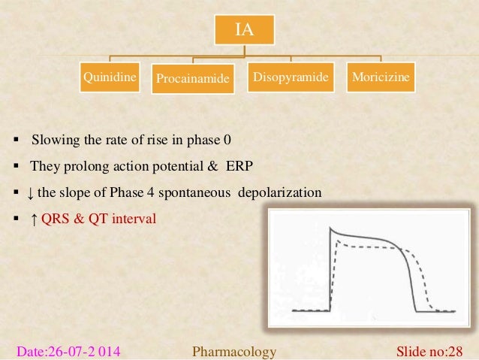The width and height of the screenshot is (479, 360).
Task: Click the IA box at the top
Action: (x=244, y=31)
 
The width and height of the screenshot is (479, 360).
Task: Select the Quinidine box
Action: (x=113, y=77)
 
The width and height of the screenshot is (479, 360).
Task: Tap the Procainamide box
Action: (x=194, y=79)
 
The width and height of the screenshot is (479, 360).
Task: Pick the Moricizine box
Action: (x=383, y=77)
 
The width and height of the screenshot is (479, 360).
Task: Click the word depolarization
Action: (x=280, y=192)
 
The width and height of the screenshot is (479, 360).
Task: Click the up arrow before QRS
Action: (x=31, y=219)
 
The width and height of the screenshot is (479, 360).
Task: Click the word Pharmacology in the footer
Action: (x=234, y=351)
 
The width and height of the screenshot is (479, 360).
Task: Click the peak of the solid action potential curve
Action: (x=332, y=230)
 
